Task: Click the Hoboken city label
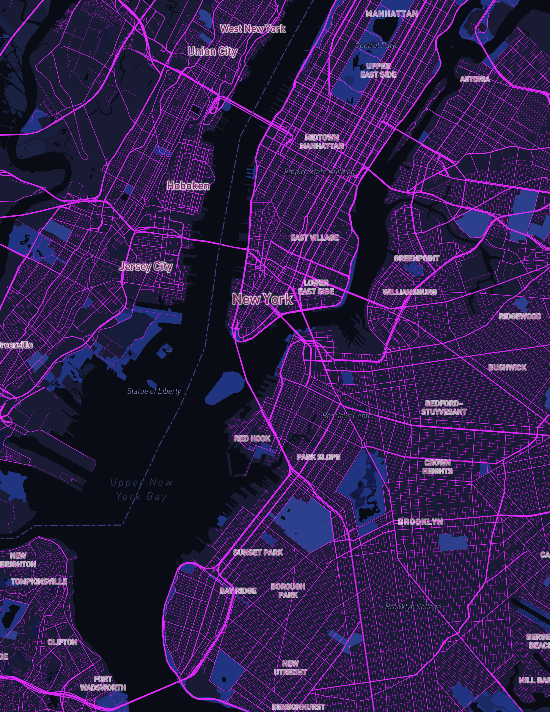[x=188, y=186]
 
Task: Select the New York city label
[x=262, y=299]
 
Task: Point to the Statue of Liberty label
[x=154, y=391]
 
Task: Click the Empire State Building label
[x=319, y=172]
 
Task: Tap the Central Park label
[x=376, y=45]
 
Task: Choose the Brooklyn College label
[x=413, y=607]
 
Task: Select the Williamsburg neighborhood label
[x=410, y=292]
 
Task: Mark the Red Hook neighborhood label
[x=252, y=438]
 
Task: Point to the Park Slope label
[x=318, y=457]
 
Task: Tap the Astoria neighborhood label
[x=475, y=79]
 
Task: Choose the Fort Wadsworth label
[x=103, y=683]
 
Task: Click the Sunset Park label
[x=258, y=552]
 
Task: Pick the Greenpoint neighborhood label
[x=416, y=258]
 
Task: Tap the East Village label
[x=314, y=238]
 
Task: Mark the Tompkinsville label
[x=39, y=582]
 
